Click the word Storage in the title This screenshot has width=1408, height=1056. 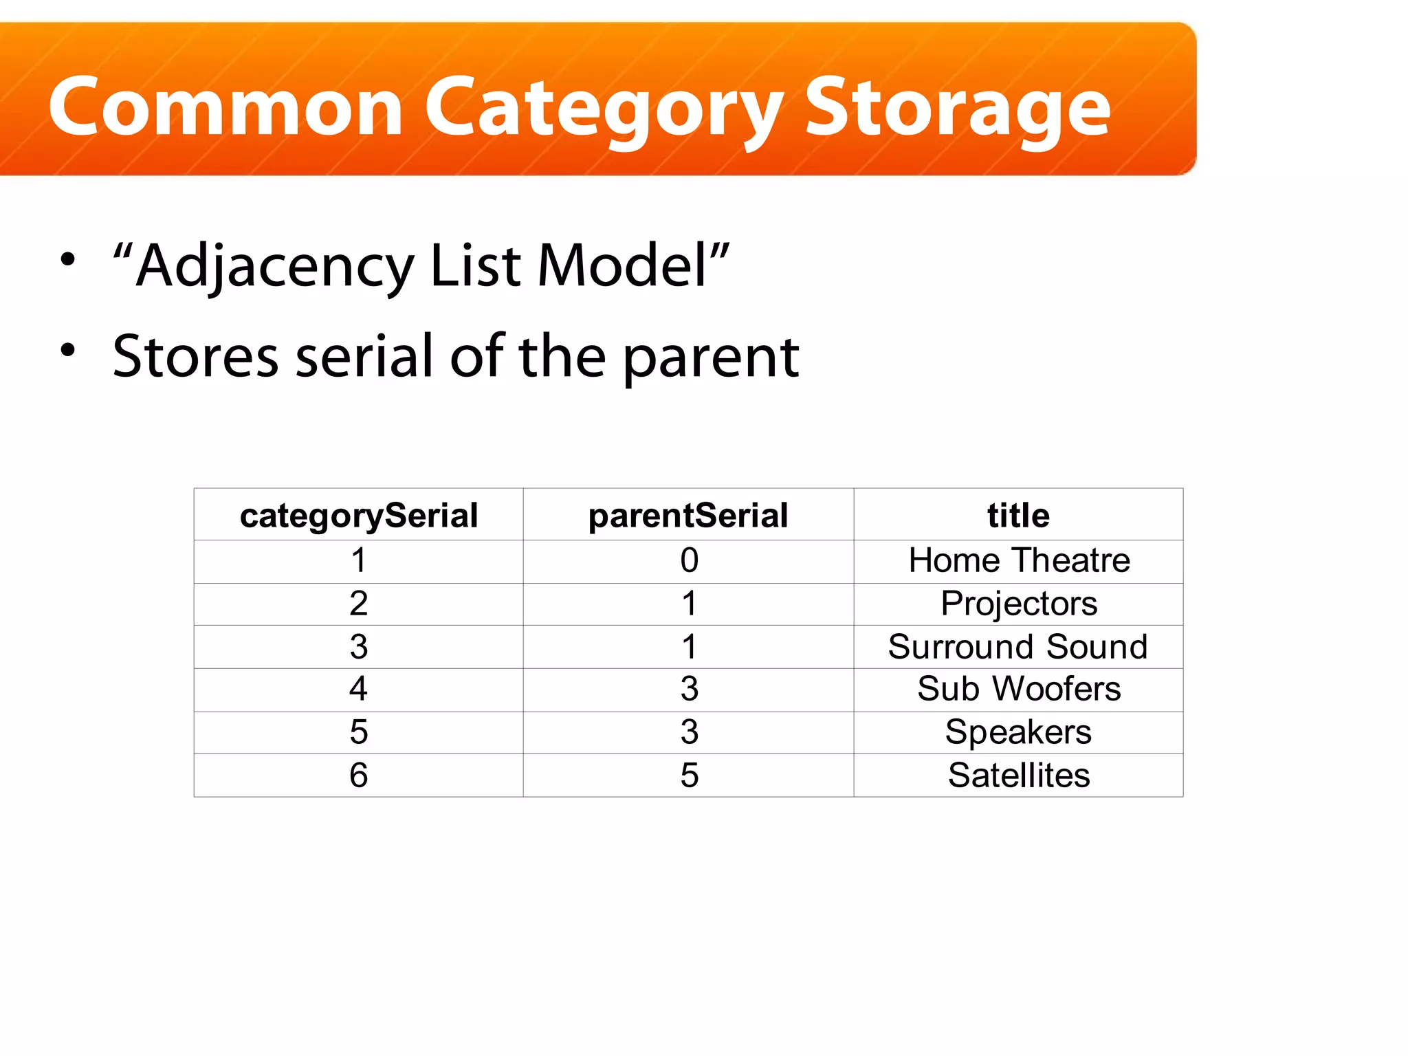click(x=957, y=109)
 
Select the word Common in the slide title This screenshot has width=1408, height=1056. click(x=225, y=108)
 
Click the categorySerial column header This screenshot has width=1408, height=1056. click(x=358, y=516)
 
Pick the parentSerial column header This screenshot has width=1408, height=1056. click(x=688, y=516)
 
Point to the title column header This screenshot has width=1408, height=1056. click(x=1018, y=516)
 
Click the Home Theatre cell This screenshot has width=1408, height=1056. click(x=1019, y=560)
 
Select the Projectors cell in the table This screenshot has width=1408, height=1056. click(x=1019, y=604)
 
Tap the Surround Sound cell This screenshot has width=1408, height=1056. click(x=1017, y=647)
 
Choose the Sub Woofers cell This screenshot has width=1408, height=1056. click(x=1019, y=689)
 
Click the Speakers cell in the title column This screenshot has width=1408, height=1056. click(x=1018, y=731)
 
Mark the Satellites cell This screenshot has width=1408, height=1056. click(x=1019, y=775)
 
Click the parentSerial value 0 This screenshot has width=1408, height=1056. click(x=689, y=560)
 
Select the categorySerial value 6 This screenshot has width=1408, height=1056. click(x=358, y=775)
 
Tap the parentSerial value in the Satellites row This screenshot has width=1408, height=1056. click(x=689, y=775)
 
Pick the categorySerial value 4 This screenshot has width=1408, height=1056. click(x=358, y=689)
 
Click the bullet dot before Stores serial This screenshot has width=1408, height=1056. click(x=67, y=350)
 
